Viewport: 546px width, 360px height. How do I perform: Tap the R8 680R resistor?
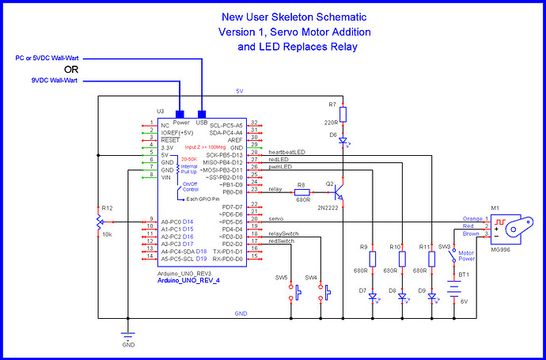(x=302, y=191)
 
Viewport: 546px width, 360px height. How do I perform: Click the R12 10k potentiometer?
(x=98, y=218)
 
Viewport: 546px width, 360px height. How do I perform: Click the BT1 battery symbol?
(x=453, y=290)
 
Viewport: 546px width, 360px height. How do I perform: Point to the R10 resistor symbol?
(x=402, y=259)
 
